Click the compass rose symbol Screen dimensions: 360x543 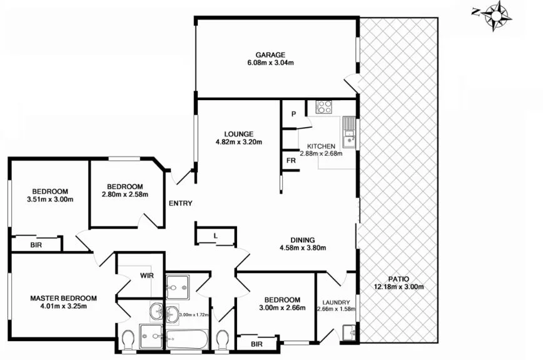click(x=497, y=14)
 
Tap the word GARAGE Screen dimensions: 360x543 click(x=270, y=54)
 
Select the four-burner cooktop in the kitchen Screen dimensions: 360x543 click(x=323, y=107)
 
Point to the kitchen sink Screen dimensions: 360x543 click(x=349, y=132)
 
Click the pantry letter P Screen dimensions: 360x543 click(x=292, y=114)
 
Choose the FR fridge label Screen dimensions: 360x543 click(x=291, y=160)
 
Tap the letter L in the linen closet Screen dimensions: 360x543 click(x=215, y=235)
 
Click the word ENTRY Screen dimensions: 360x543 click(x=180, y=203)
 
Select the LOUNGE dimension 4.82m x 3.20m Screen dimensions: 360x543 click(x=239, y=142)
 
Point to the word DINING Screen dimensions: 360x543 click(x=302, y=239)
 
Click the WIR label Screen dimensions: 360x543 click(x=147, y=274)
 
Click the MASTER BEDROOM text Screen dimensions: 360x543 click(x=63, y=298)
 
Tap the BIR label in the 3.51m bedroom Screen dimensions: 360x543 click(x=36, y=245)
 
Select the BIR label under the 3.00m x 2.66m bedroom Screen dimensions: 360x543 click(x=256, y=344)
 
